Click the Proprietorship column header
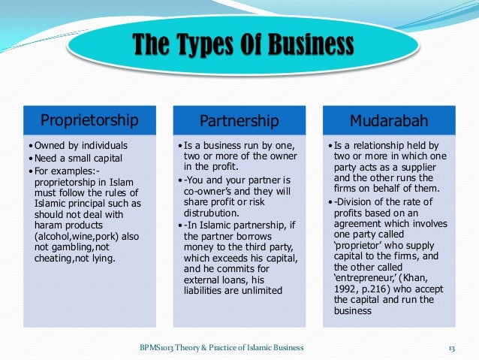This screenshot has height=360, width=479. [89, 120]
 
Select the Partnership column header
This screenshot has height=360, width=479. [239, 121]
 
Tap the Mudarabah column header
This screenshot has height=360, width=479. [390, 120]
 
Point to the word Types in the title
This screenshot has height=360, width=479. [202, 45]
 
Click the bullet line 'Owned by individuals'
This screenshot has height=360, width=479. [80, 145]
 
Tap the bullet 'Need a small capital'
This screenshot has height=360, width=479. [78, 159]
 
